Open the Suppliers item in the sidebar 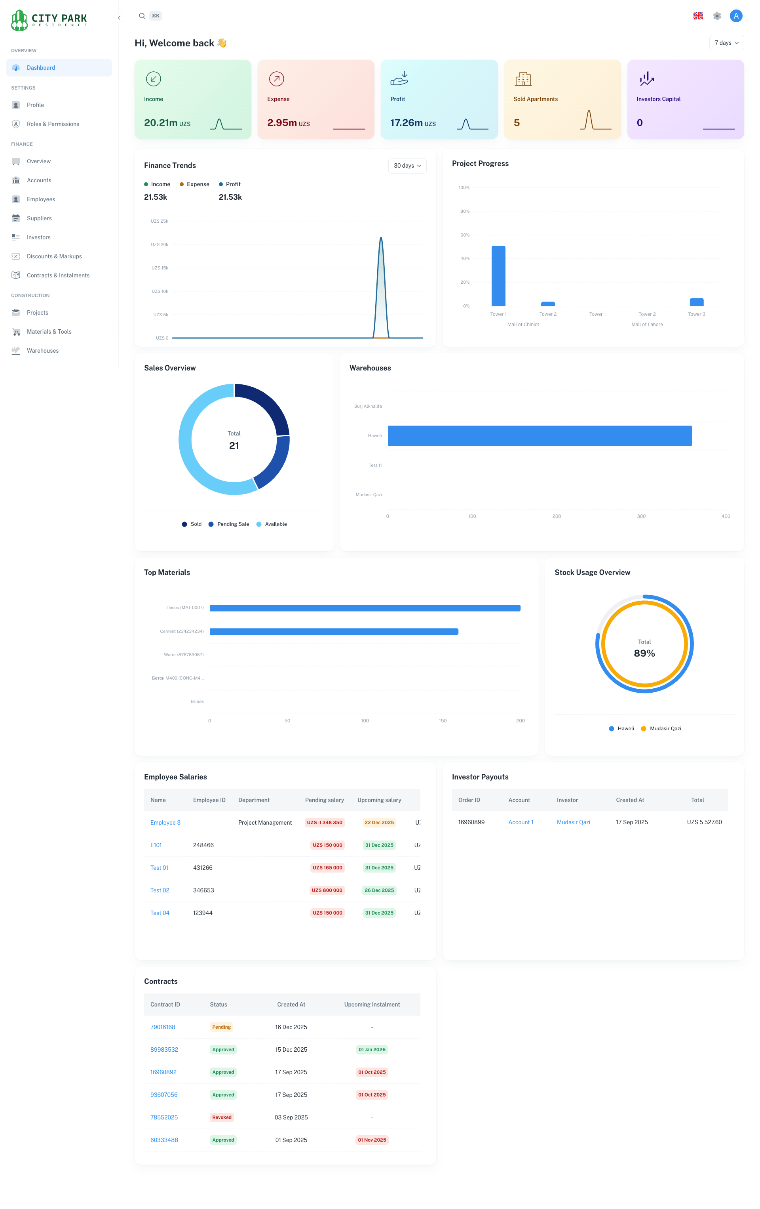39,218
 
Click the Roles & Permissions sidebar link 53,124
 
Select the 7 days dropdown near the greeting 726,43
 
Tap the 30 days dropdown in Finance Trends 407,166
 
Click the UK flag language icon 697,16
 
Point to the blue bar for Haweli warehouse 539,436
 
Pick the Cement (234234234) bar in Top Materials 334,632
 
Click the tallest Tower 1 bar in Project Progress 498,276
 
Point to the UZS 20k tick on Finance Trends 160,244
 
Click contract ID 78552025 164,1117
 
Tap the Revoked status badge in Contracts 222,1117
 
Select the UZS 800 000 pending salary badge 327,890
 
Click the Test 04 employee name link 160,913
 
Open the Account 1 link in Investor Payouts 521,822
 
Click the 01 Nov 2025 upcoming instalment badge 372,1140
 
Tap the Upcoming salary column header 379,800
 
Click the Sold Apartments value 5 517,122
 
